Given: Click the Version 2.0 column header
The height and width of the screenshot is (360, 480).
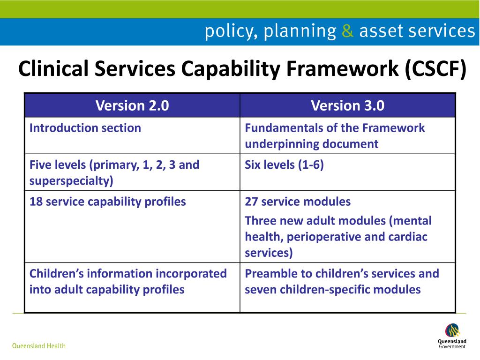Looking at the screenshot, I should (132, 106).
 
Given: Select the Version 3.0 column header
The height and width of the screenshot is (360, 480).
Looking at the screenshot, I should (347, 106).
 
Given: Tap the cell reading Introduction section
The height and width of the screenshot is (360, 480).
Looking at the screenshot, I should (85, 128).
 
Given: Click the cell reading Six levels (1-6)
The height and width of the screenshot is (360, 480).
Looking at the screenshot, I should (284, 165).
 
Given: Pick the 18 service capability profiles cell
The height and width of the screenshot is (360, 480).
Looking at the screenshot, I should (107, 202).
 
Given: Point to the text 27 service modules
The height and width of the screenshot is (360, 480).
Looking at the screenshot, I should (297, 202).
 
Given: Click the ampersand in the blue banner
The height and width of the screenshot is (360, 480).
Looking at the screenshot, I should (347, 31).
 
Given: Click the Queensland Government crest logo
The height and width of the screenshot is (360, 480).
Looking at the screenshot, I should (452, 330).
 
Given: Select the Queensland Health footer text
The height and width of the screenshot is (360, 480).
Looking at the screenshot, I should (38, 346).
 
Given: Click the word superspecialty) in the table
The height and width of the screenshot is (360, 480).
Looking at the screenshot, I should (71, 181).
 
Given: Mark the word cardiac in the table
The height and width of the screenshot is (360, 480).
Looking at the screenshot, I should (408, 237).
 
